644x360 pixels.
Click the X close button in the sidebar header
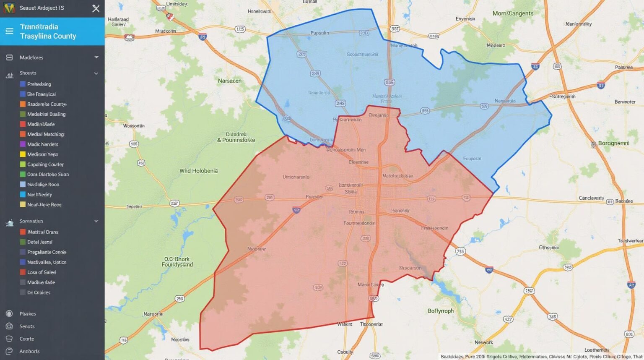coord(96,8)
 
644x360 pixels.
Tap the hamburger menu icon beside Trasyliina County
coord(9,31)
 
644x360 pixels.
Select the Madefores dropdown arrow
coord(96,57)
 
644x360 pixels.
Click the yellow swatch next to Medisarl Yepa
coord(23,154)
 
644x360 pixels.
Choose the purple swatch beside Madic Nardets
coord(23,144)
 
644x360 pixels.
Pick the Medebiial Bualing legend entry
coord(46,114)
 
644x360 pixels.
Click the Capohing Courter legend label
coord(45,164)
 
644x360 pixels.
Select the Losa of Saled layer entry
coord(41,272)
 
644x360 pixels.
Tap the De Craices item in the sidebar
coord(39,292)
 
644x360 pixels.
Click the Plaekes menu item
coord(28,314)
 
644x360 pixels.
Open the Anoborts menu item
coord(29,351)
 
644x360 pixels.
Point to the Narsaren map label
coord(229,81)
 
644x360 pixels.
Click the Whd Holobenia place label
coord(198,171)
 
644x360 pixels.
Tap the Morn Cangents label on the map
coord(513,13)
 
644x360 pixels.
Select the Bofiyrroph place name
coord(440,311)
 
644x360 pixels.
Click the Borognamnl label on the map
coord(613,143)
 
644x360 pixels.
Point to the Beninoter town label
coord(625,102)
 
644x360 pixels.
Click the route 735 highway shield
coord(460,251)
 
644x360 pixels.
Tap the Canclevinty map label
coord(591,198)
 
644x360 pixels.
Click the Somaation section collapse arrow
coord(96,221)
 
